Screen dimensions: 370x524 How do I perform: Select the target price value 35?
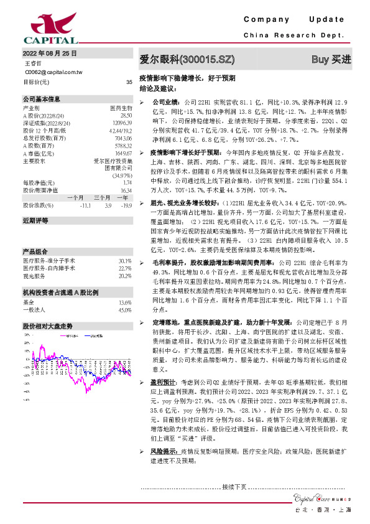(129, 82)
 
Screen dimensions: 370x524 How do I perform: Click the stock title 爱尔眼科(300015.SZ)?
(187, 60)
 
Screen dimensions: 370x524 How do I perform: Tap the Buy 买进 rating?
(331, 60)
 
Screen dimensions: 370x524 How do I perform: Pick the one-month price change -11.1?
(86, 205)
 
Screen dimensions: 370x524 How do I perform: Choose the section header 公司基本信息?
(42, 99)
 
